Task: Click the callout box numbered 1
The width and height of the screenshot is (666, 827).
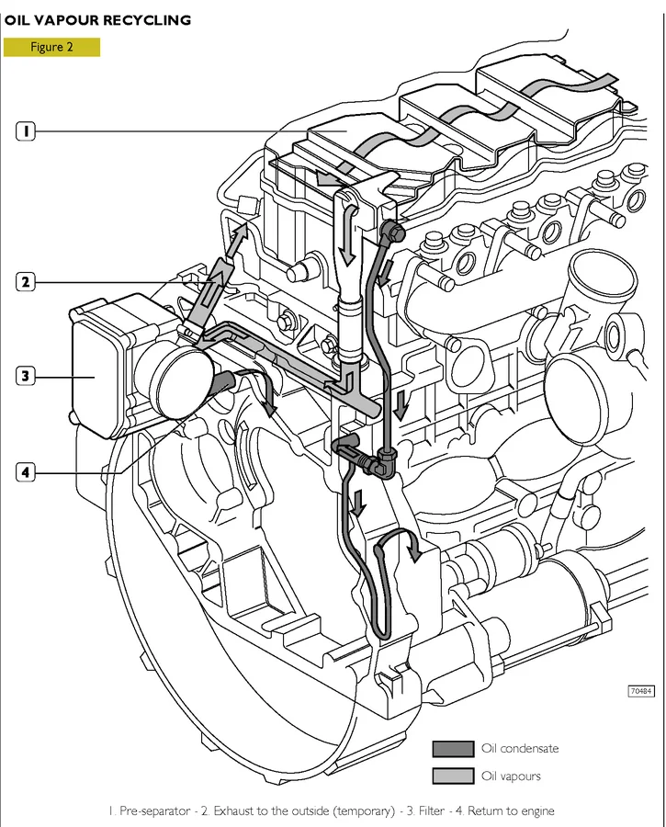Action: [27, 131]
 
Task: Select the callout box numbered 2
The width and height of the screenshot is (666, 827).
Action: [27, 282]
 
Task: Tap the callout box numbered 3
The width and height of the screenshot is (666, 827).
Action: [27, 375]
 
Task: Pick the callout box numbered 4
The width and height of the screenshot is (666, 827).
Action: [27, 472]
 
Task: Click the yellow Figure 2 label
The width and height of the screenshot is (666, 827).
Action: [51, 48]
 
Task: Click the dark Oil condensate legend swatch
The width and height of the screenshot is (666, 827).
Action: [451, 749]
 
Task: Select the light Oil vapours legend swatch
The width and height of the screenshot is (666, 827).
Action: [451, 776]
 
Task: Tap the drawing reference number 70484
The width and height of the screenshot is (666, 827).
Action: [641, 691]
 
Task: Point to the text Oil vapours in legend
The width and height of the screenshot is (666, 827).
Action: [511, 776]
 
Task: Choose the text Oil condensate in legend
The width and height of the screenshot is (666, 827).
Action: [519, 749]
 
